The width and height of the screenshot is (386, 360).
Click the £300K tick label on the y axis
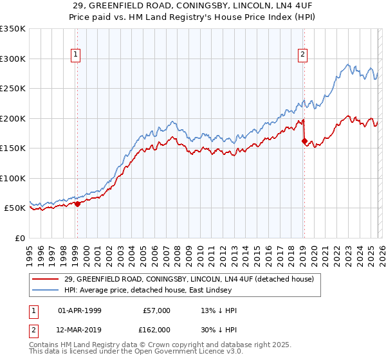pyautogui.click(x=12, y=59)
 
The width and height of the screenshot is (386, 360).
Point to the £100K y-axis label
pyautogui.click(x=12, y=178)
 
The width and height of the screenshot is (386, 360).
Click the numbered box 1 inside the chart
pyautogui.click(x=77, y=55)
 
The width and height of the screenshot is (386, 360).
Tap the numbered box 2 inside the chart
pyautogui.click(x=302, y=55)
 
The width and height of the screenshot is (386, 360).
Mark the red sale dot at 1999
pyautogui.click(x=77, y=204)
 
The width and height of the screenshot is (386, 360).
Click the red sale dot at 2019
pyautogui.click(x=304, y=141)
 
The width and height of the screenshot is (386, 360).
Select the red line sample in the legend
pyautogui.click(x=46, y=279)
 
